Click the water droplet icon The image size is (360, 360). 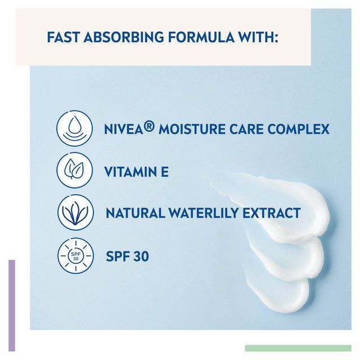click(x=75, y=129)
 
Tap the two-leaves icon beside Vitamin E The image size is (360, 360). click(x=75, y=170)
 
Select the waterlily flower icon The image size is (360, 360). click(x=75, y=213)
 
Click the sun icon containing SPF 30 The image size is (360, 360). click(x=75, y=256)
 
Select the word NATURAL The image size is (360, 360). click(x=133, y=213)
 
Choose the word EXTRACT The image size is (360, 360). click(x=273, y=213)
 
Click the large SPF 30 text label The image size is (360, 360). click(x=127, y=256)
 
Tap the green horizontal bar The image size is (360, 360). click(x=298, y=348)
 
